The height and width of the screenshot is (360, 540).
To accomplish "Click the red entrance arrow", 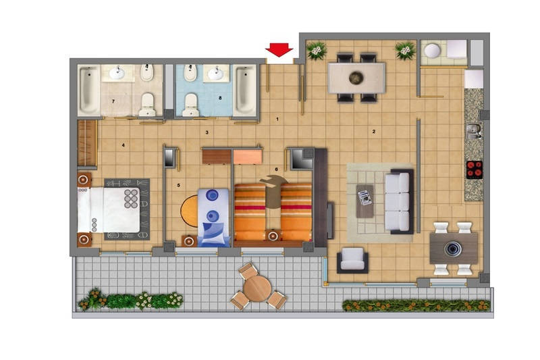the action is click(279, 49).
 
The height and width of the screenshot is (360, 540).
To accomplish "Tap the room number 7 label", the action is click(113, 101).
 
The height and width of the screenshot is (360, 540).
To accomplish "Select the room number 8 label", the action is click(220, 98).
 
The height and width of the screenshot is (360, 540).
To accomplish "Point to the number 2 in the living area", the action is click(374, 131).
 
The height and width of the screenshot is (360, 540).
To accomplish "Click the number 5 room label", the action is click(178, 185).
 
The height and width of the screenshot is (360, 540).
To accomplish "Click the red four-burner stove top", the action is click(475, 170).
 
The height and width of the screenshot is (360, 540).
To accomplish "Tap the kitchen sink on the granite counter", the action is click(474, 131).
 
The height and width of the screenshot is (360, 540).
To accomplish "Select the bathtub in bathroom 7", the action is click(89, 91).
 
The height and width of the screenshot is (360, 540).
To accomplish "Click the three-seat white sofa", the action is click(398, 201).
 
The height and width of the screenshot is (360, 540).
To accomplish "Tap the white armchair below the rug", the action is click(352, 260).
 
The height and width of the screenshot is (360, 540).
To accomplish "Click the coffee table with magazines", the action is click(364, 201).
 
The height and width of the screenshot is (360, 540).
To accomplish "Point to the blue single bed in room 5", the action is click(213, 217).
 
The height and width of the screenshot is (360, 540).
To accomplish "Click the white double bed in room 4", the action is click(109, 209).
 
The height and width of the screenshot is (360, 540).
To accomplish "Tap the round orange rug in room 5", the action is click(190, 211).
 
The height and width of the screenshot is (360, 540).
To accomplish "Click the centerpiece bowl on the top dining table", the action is click(356, 78).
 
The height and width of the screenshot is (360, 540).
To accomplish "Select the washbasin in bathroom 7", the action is click(117, 73).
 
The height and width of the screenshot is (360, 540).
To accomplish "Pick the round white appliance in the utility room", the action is click(432, 51).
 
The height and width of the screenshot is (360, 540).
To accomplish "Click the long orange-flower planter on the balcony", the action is click(416, 305).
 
